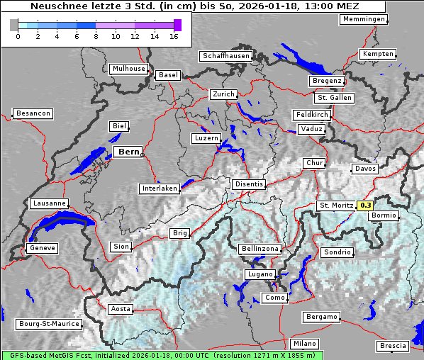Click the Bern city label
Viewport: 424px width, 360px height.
128,152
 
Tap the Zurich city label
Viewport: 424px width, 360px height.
223,94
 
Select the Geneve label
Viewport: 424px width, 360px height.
41,248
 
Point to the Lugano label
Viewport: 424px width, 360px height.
260,274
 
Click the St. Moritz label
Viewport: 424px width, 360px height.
336,206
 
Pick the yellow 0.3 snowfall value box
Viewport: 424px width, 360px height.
365,206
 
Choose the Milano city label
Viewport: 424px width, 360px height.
305,343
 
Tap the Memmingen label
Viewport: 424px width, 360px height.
364,19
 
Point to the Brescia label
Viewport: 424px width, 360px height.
394,345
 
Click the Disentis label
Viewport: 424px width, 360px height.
249,184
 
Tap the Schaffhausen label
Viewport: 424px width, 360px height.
225,55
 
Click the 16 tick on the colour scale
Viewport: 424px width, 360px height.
174,35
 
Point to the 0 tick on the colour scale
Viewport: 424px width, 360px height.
18,35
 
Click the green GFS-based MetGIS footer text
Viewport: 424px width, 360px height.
162,355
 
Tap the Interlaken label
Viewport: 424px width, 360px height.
160,189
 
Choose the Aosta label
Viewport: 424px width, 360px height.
121,309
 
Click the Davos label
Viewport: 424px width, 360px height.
365,169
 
